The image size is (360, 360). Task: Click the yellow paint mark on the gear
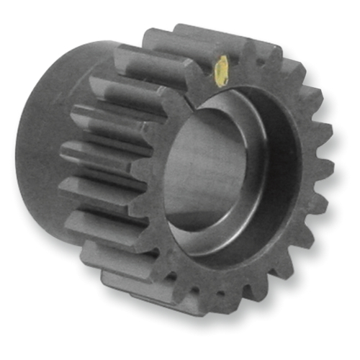point(222,71)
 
